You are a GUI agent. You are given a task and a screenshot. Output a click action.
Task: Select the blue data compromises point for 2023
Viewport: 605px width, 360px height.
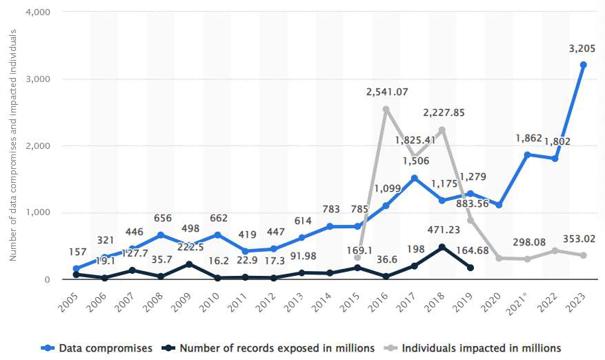pos(583,65)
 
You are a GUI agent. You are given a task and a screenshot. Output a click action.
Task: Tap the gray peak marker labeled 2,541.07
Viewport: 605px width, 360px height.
pos(386,109)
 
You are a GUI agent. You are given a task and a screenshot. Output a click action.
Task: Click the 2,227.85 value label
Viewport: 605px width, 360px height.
pos(442,112)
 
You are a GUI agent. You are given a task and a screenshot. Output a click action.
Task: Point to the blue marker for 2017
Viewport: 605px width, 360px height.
pos(414,178)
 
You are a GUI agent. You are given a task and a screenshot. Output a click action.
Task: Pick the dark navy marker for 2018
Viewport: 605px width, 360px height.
pos(442,247)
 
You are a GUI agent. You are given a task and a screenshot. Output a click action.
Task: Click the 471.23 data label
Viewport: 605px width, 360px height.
pos(442,231)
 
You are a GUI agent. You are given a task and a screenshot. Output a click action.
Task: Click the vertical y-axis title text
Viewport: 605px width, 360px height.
pos(13,145)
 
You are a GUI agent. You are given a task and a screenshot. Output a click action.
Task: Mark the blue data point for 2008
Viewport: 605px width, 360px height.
pos(160,235)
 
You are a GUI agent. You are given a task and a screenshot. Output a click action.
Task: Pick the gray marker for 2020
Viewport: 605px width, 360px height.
pos(498,258)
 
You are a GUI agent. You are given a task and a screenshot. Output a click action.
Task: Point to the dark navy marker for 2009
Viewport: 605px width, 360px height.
pos(188,264)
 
